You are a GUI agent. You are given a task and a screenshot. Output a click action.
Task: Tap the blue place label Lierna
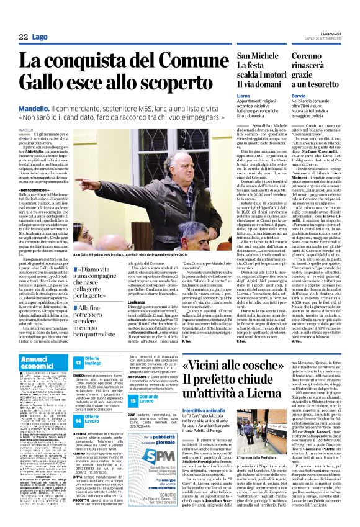[x=227, y=96]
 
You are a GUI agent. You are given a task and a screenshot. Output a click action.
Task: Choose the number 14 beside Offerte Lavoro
[x=78, y=420]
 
